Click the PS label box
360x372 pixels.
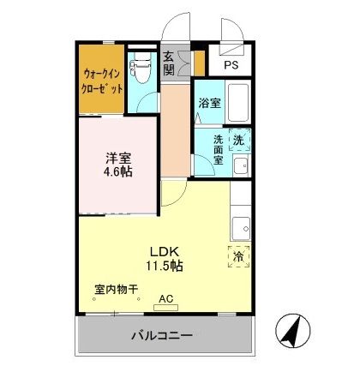tap(231, 65)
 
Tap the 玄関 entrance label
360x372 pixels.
tap(169, 63)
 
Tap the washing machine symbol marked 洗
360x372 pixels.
tap(238, 139)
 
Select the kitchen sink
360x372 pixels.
tap(242, 227)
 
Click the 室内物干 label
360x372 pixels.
tap(117, 289)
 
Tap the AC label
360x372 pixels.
tap(165, 299)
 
